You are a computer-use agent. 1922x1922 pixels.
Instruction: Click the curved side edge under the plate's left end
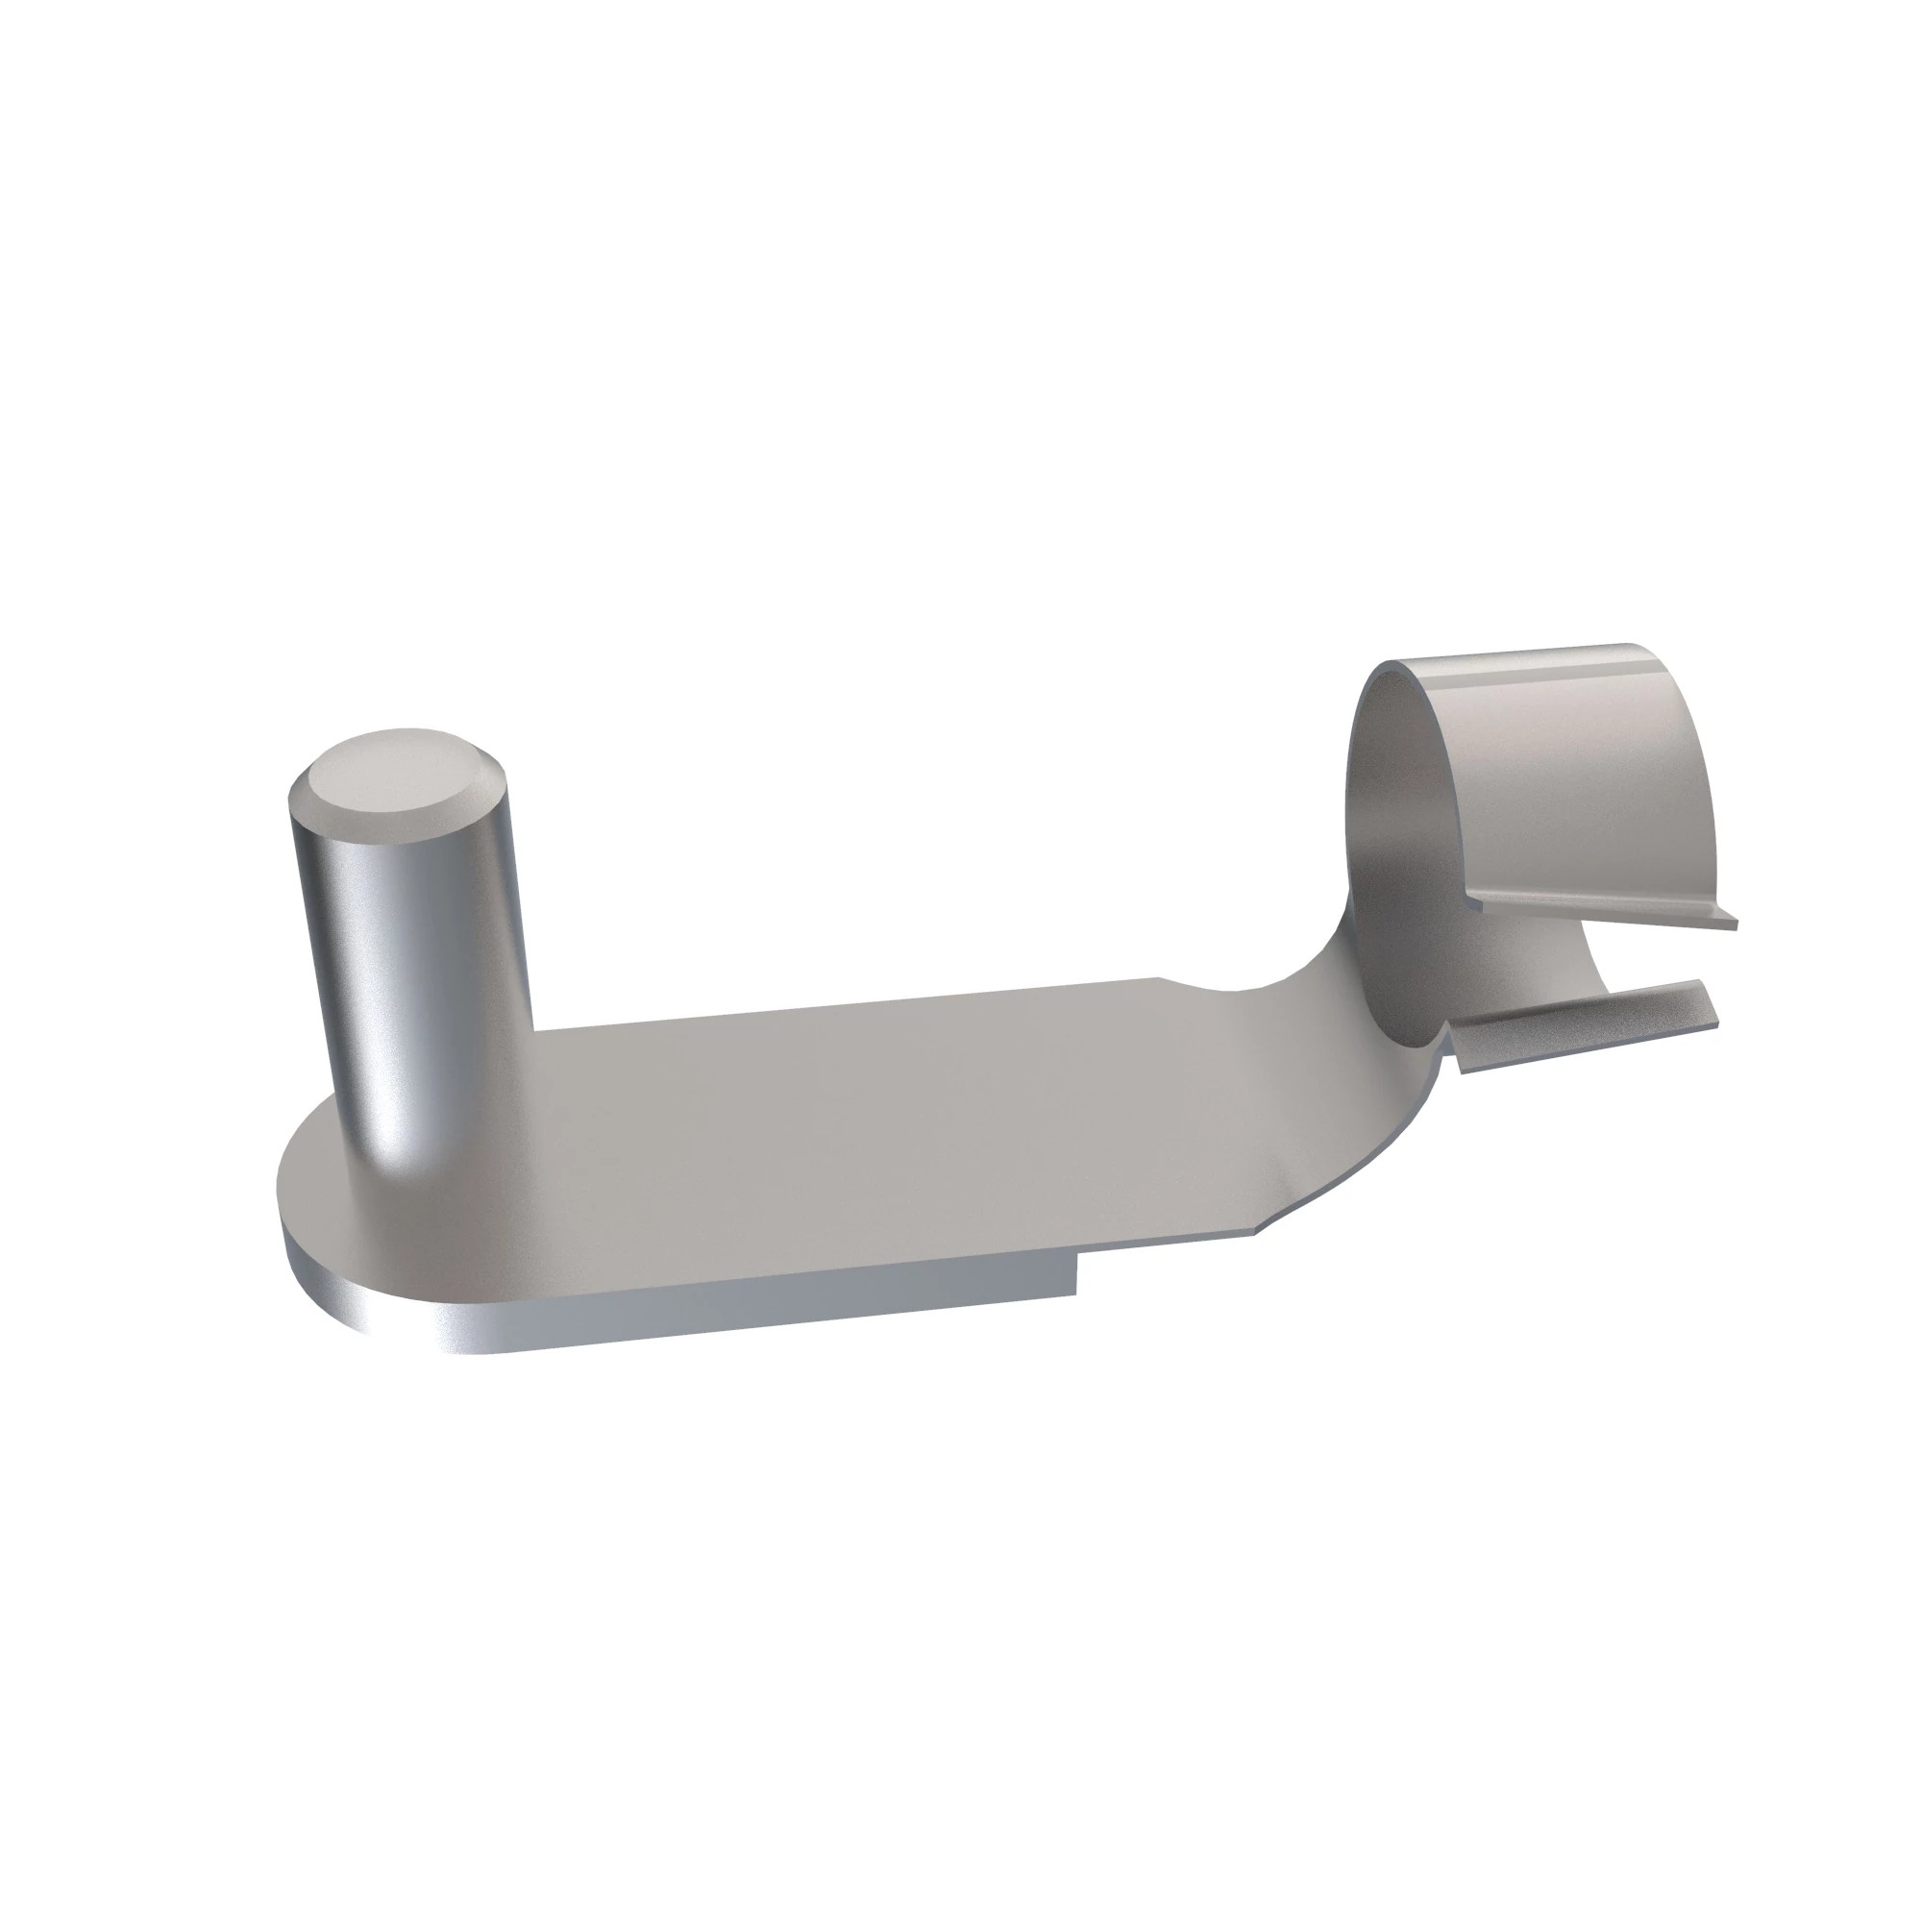coord(329,1294)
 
